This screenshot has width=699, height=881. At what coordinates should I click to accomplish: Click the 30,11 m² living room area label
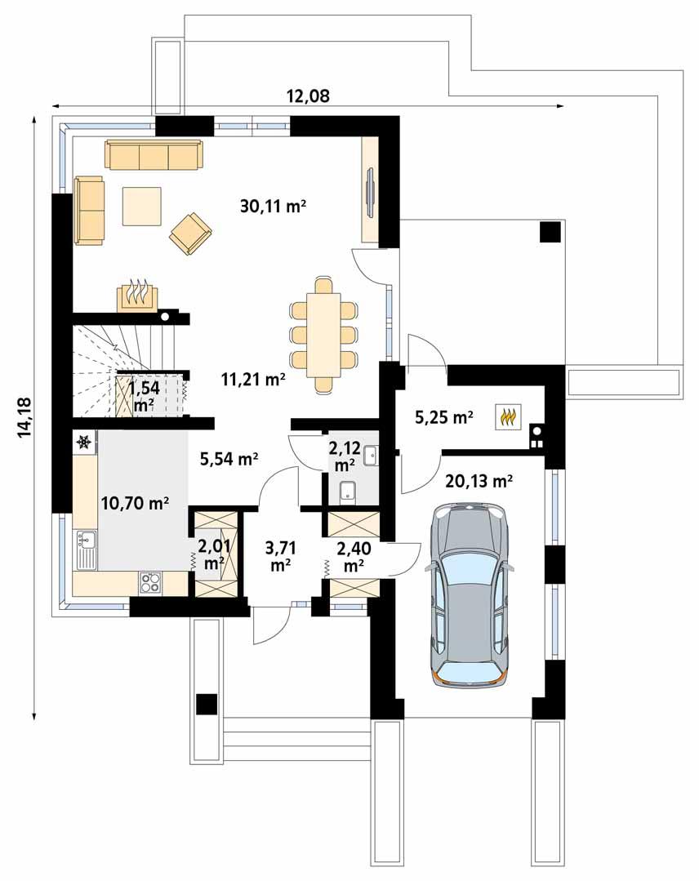[x=273, y=207]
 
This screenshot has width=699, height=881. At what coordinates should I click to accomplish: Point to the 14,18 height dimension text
[x=24, y=416]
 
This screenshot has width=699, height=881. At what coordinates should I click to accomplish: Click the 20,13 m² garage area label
[x=479, y=481]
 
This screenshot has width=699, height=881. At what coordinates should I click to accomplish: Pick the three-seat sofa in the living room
[x=153, y=154]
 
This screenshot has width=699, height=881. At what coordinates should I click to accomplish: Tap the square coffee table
[x=143, y=206]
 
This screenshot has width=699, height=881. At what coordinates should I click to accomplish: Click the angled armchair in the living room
[x=190, y=233]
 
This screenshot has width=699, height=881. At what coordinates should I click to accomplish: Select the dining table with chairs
[x=323, y=333]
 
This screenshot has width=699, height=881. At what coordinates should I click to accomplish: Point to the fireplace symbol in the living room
[x=136, y=295]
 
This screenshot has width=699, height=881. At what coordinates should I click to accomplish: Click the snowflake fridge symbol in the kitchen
[x=83, y=443]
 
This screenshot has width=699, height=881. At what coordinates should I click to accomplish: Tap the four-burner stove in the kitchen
[x=150, y=582]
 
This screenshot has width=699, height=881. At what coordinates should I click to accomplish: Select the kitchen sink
[x=85, y=550]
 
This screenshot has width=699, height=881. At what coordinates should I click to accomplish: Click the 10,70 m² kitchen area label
[x=134, y=503]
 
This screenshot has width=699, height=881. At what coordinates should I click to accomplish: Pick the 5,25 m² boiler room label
[x=444, y=418]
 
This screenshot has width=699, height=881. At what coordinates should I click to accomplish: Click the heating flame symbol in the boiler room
[x=508, y=417]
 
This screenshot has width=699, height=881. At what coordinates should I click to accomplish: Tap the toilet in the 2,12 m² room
[x=347, y=492]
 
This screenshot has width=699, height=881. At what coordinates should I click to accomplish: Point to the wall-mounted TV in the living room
[x=370, y=192]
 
